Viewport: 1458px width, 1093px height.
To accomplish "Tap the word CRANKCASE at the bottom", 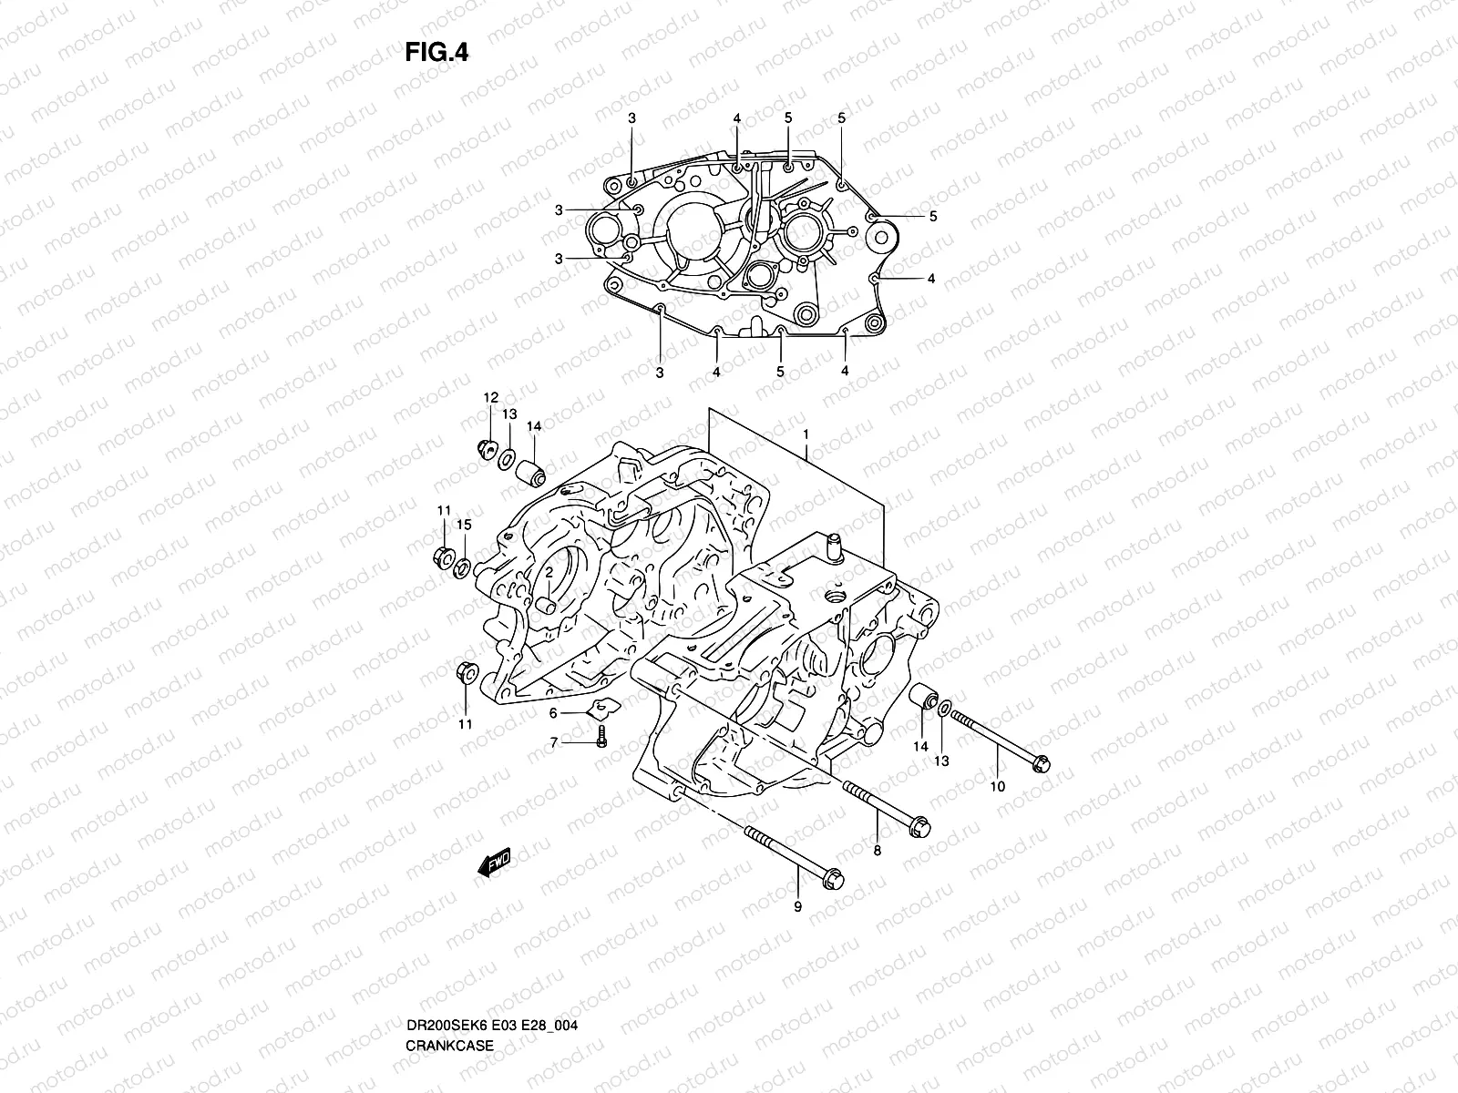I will [x=449, y=994].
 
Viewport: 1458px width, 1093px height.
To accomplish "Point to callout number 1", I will [x=806, y=435].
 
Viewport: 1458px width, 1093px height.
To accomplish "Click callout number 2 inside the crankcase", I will [x=550, y=571].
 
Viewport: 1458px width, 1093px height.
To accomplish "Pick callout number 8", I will [x=877, y=852].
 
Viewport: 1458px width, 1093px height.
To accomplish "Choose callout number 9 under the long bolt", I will [x=797, y=906].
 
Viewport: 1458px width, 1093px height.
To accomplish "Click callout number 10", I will [x=997, y=786].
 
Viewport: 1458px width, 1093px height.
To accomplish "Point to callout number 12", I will [x=490, y=397].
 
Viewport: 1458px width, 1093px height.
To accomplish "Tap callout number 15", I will [x=464, y=525].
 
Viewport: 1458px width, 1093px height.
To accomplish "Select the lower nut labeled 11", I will [x=464, y=672].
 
